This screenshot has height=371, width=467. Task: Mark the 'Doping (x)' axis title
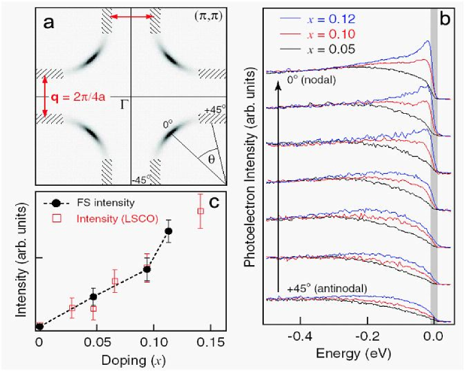(x=132, y=357)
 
